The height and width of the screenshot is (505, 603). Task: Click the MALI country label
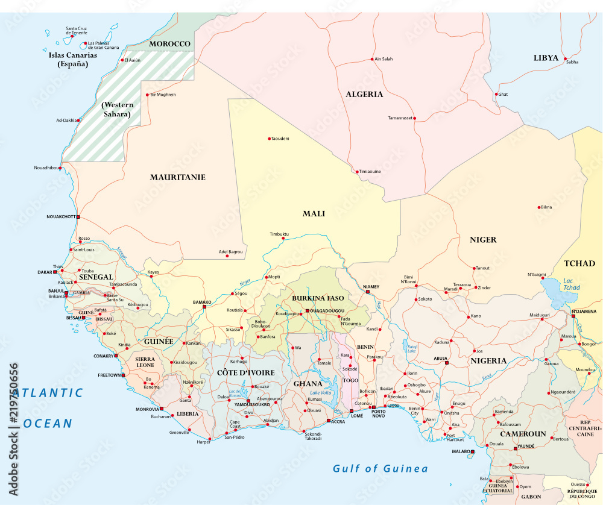coord(314,214)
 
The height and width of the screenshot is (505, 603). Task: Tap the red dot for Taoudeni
coord(269,139)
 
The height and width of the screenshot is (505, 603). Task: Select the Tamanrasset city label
coord(400,118)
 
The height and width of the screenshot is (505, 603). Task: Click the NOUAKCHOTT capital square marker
coord(78,216)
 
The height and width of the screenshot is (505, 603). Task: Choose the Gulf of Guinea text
coord(380,469)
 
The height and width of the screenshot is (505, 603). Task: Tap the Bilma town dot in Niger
coord(539,207)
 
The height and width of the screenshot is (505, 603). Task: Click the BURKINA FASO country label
coord(317,298)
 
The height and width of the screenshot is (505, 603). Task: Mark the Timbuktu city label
coord(279,234)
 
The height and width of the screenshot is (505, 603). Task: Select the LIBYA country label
coord(546,58)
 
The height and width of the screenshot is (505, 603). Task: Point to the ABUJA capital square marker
coord(447,363)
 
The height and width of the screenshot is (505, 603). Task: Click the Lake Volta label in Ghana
coord(321,393)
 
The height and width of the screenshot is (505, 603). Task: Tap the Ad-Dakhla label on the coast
coord(66,120)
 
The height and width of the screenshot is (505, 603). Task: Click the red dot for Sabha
coord(566,58)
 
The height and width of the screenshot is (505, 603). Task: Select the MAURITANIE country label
coord(177,177)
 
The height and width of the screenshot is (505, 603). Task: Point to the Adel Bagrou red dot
coord(227,256)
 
